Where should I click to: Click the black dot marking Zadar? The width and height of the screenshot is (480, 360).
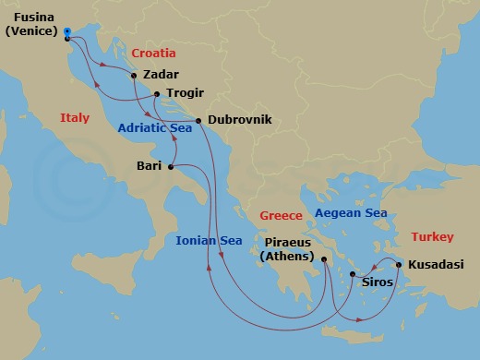pyautogui.click(x=135, y=75)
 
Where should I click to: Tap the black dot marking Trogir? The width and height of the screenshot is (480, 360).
pyautogui.click(x=157, y=93)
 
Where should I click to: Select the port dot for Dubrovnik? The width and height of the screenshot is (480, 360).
pyautogui.click(x=198, y=121)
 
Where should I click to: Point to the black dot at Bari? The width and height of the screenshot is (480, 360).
pyautogui.click(x=171, y=166)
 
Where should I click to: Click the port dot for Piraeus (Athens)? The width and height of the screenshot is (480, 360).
pyautogui.click(x=324, y=260)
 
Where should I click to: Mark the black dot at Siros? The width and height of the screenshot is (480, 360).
pyautogui.click(x=354, y=274)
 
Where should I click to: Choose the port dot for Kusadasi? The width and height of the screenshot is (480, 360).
pyautogui.click(x=399, y=265)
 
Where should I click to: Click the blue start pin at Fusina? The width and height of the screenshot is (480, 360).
pyautogui.click(x=68, y=34)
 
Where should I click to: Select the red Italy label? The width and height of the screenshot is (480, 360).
pyautogui.click(x=75, y=118)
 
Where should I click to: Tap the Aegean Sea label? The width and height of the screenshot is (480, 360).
pyautogui.click(x=351, y=213)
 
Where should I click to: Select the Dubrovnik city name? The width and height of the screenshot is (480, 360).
pyautogui.click(x=239, y=121)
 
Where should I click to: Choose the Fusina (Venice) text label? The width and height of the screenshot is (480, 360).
pyautogui.click(x=29, y=24)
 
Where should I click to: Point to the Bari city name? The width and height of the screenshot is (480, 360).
pyautogui.click(x=149, y=166)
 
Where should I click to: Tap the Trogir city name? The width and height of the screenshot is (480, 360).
pyautogui.click(x=185, y=93)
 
